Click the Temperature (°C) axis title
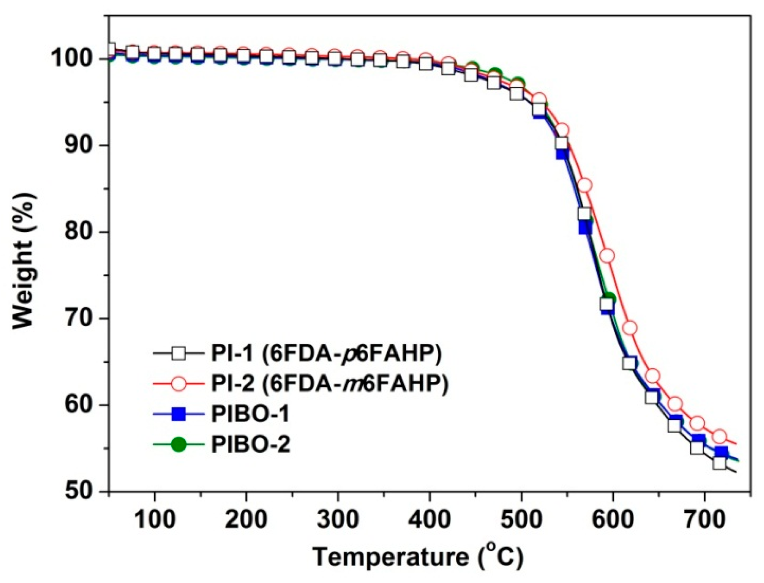click(418, 557)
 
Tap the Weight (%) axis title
click(24, 260)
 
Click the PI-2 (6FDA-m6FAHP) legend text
click(329, 383)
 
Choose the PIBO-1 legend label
click(250, 414)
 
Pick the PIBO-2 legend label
click(250, 445)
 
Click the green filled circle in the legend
click(179, 445)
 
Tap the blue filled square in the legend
click(179, 414)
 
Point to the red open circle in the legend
click(179, 384)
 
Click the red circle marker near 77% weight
click(607, 255)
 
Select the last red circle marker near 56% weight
click(719, 436)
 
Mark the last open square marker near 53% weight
click(719, 463)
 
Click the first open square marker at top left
click(110, 49)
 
